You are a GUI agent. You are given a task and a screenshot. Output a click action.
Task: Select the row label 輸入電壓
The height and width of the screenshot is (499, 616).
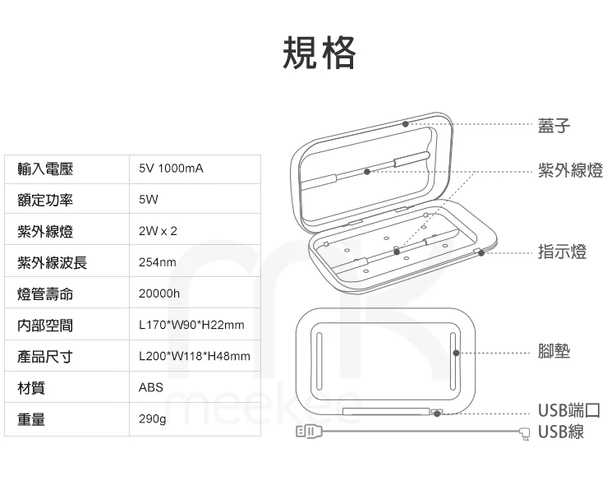45,169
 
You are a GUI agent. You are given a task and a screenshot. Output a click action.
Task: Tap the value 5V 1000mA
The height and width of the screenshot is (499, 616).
171,169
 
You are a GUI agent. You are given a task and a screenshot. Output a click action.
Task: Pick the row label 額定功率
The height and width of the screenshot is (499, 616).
45,200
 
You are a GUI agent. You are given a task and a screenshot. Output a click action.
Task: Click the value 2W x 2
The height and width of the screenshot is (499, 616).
158,231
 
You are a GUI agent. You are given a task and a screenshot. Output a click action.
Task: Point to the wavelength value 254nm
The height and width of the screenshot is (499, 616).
158,263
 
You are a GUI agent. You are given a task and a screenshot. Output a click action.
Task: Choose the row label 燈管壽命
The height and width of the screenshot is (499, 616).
45,294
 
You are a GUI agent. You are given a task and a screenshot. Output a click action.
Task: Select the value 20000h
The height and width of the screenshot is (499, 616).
159,294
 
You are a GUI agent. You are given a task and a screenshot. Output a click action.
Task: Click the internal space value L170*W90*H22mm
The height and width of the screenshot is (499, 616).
191,326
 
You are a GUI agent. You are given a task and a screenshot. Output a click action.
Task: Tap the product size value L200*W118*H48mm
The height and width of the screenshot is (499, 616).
194,357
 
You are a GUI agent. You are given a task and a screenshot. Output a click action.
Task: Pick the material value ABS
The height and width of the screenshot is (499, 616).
151,388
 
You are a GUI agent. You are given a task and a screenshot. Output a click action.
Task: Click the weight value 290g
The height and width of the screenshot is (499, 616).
153,420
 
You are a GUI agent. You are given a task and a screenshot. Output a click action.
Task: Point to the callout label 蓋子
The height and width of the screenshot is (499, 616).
554,126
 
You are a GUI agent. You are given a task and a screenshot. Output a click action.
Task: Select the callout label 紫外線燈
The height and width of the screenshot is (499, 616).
570,171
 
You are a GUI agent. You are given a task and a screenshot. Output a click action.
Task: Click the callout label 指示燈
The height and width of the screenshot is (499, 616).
562,252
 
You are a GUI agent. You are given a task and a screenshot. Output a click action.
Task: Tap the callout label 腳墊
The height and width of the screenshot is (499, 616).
554,352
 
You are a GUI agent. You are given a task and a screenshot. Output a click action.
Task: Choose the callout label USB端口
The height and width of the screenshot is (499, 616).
568,411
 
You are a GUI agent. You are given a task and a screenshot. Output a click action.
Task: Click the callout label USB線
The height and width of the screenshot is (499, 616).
561,432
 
